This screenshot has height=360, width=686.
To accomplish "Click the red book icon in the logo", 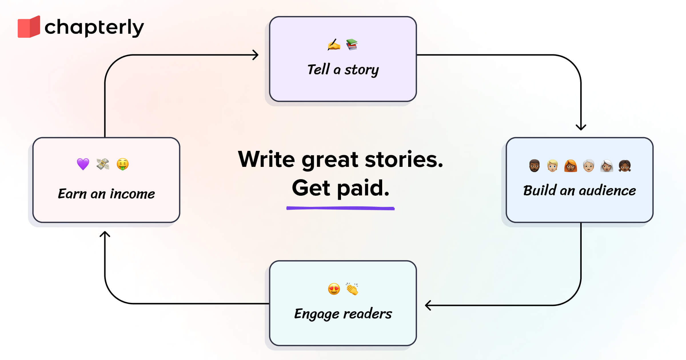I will tap(29, 27).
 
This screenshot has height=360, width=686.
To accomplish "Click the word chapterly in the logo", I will tap(94, 28).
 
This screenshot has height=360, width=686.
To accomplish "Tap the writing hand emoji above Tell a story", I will tap(334, 45).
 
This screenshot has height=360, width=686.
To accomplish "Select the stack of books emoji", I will tap(352, 45).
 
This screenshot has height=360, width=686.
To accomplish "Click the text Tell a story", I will tap(343, 70).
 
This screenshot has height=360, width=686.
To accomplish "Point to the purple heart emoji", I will tap(83, 164).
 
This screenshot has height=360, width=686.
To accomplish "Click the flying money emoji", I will tap(103, 164).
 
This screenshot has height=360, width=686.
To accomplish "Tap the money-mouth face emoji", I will tap(123, 164).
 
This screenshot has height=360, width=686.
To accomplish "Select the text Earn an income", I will tap(106, 194).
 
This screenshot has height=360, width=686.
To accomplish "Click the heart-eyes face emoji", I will tap(334, 289).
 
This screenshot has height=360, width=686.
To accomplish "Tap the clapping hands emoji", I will tap(352, 289).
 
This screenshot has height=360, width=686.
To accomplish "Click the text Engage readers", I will tap(343, 314).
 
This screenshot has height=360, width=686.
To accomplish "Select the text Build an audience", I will tap(579, 191).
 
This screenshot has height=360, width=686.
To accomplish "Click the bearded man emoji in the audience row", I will tap(534, 166).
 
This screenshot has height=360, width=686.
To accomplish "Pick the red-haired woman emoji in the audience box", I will tap(571, 166).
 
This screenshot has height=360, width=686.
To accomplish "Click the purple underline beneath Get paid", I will tap(340, 208).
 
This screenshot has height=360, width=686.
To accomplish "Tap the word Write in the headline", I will tap(266, 159).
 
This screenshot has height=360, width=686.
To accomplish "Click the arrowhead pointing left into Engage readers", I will tap(428, 305).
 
